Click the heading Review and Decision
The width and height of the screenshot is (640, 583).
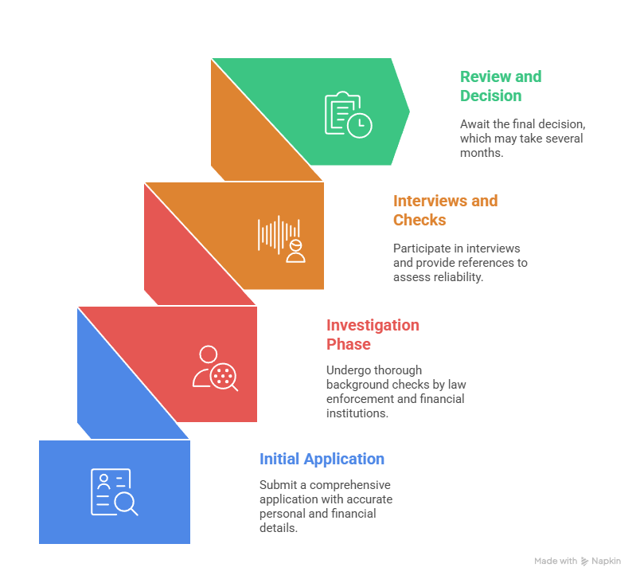pos(501,86)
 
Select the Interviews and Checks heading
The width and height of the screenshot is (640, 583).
pos(445,210)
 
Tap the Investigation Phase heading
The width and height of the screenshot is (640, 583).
pos(373,335)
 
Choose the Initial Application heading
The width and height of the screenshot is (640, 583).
pos(322,459)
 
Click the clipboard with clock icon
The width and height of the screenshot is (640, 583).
pos(348,115)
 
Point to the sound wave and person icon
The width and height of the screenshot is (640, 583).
pos(281,239)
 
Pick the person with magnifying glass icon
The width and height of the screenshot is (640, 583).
pos(215,368)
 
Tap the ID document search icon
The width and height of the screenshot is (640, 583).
pos(115,492)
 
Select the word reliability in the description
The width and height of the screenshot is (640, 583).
pos(458,277)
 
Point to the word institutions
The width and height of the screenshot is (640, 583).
pos(357,413)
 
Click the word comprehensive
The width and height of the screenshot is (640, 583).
pos(350,485)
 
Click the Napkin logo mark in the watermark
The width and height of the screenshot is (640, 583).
pos(584,561)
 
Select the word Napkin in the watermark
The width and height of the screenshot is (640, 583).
pos(606,561)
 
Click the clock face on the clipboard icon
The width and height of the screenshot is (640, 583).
pos(360,125)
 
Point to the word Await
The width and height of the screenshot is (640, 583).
pos(475,124)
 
